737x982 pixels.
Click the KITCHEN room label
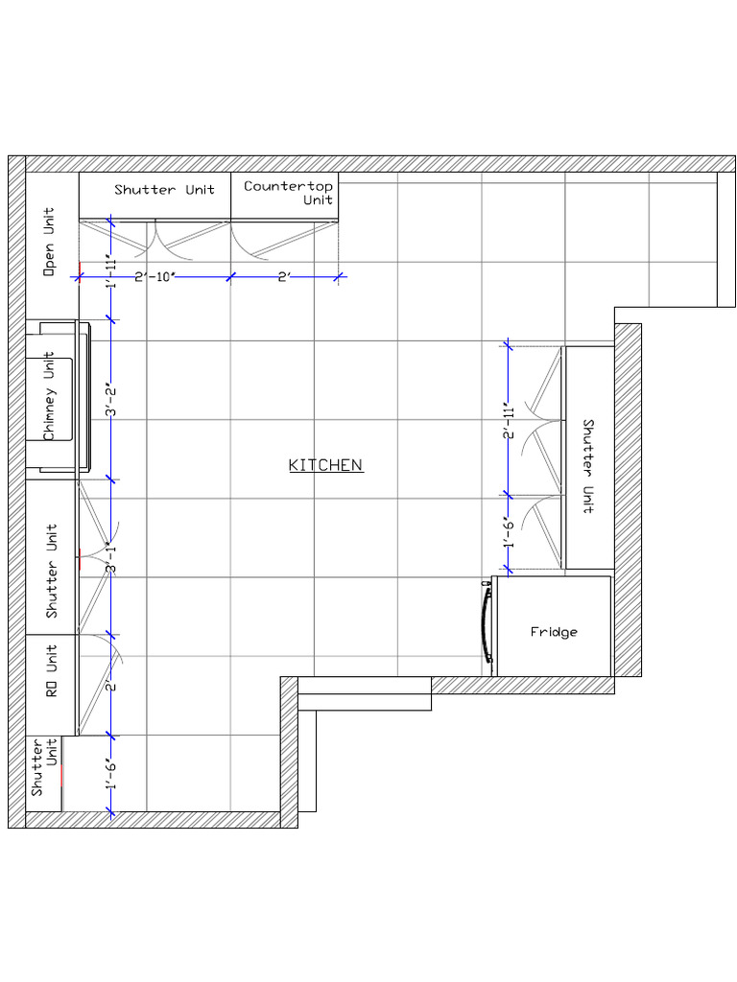pyautogui.click(x=325, y=465)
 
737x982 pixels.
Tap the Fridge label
pyautogui.click(x=554, y=632)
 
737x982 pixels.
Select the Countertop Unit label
pyautogui.click(x=288, y=193)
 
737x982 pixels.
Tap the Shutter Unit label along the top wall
pyautogui.click(x=164, y=190)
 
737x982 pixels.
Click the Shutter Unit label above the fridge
pyautogui.click(x=588, y=466)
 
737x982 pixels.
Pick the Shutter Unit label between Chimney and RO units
pyautogui.click(x=51, y=570)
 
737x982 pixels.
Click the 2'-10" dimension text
pyautogui.click(x=154, y=277)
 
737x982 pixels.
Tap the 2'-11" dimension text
pyautogui.click(x=509, y=421)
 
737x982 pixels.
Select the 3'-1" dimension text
pyautogui.click(x=110, y=557)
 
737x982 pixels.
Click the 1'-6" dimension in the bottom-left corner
pyautogui.click(x=110, y=773)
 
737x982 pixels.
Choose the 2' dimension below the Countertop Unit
pyautogui.click(x=284, y=277)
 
